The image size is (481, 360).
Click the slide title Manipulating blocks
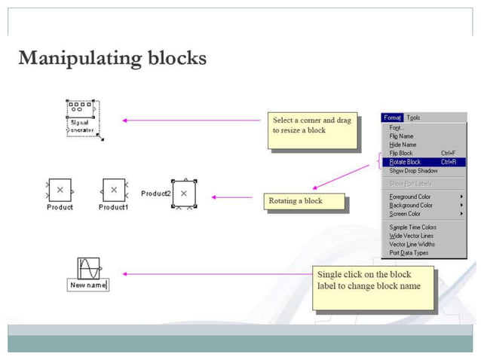coord(112,58)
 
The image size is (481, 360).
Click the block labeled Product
coord(60,190)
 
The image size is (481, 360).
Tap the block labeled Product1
coord(113,190)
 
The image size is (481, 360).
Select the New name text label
coord(89,285)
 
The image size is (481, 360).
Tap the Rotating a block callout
coord(304,201)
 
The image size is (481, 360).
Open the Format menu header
coord(392,117)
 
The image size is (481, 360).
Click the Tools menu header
coord(414,117)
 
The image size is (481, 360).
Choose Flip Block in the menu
coord(401,153)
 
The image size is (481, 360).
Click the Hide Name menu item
coord(403,145)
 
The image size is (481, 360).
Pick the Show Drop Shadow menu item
coord(413,171)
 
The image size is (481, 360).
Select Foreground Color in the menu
coord(411,197)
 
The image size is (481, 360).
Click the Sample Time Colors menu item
coord(412,227)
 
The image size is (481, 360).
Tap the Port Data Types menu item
coord(409,253)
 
